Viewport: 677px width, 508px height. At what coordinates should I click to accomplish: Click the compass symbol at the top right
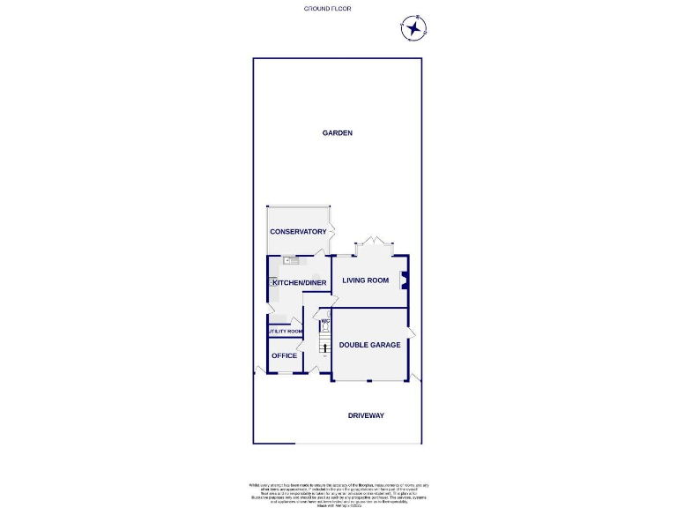(x=413, y=28)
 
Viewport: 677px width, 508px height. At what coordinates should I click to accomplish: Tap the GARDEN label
(x=337, y=133)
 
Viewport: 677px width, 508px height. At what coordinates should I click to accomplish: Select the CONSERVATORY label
(x=298, y=232)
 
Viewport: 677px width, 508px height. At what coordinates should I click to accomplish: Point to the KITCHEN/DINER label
(x=300, y=283)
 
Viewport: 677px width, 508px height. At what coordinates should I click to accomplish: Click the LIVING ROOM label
(x=366, y=281)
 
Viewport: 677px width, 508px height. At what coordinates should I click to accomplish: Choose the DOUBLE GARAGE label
(x=370, y=345)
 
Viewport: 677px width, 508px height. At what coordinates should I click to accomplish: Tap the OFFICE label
(x=284, y=355)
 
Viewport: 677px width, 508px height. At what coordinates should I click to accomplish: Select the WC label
(x=324, y=321)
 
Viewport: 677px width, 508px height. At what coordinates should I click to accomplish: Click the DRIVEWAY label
(x=366, y=415)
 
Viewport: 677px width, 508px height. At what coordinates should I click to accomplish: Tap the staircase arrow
(x=324, y=348)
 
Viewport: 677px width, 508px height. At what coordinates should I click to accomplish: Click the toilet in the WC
(x=324, y=328)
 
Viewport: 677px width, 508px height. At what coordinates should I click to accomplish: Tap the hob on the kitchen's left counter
(x=272, y=282)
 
